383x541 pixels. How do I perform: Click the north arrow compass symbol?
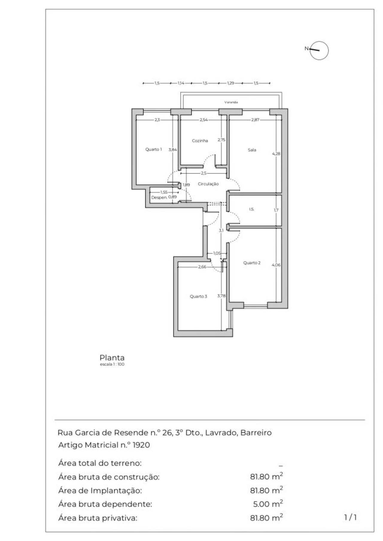tap(319, 51)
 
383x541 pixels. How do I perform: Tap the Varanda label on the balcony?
tap(231, 102)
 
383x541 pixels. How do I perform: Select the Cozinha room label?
tap(200, 140)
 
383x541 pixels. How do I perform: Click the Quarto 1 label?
tap(153, 149)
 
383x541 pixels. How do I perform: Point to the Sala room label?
tap(252, 150)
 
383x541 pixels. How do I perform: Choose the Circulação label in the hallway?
tap(208, 184)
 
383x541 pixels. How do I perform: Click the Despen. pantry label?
tap(159, 198)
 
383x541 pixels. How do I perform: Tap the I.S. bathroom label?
tap(252, 210)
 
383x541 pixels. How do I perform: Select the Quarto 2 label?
tap(252, 263)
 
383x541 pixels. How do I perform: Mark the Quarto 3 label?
tap(198, 297)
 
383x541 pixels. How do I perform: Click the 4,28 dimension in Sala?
tap(276, 154)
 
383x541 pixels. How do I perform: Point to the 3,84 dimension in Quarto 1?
tap(173, 150)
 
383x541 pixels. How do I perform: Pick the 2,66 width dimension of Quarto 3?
tap(202, 267)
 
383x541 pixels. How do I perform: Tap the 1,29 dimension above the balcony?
tap(230, 83)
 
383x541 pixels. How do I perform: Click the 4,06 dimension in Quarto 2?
tap(276, 265)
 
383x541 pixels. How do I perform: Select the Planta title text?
tap(112, 357)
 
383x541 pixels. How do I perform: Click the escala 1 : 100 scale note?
tap(112, 364)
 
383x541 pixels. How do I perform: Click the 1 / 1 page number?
tap(350, 517)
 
